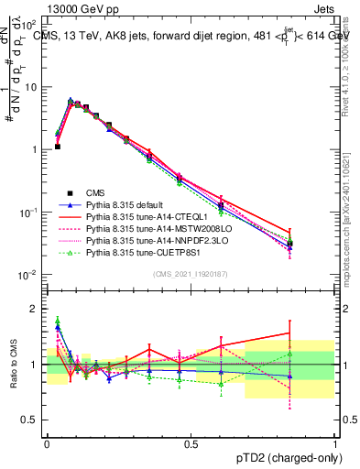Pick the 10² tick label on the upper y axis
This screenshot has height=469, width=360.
(33, 26)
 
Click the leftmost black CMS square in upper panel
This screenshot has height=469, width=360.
(57, 147)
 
